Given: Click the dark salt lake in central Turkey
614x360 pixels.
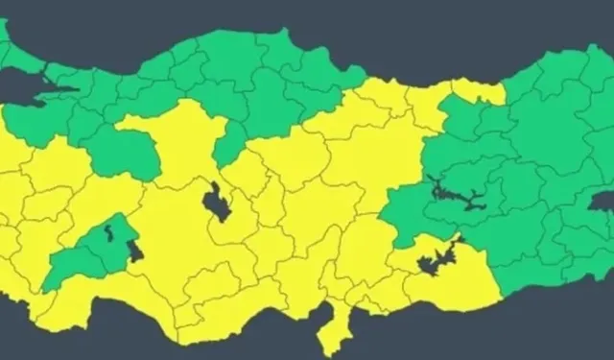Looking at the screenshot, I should pyautogui.click(x=216, y=202).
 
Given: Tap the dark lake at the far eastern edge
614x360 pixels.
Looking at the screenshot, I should pyautogui.click(x=603, y=201).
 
